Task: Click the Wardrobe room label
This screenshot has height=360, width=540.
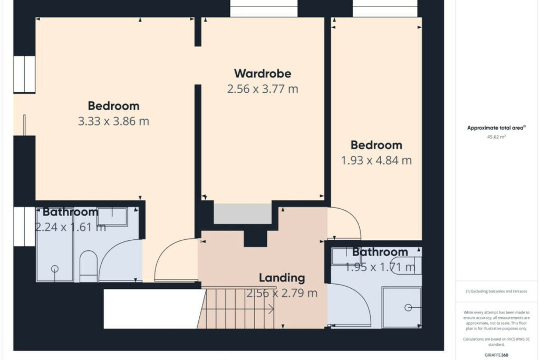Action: [263, 74]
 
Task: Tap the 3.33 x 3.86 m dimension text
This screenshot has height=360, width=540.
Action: [113, 121]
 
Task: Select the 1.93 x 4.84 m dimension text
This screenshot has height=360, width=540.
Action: [376, 160]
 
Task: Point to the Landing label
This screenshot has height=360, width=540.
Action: [282, 278]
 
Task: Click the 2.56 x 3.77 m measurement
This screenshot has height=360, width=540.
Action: [263, 89]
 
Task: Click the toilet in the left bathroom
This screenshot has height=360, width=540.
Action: [89, 266]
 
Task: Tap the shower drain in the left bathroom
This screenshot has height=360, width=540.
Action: [55, 268]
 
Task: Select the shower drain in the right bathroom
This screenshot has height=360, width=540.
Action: [408, 308]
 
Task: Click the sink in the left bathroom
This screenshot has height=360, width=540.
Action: [112, 217]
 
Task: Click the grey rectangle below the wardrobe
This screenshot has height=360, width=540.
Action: [243, 213]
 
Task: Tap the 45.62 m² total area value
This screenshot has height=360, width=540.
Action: [496, 137]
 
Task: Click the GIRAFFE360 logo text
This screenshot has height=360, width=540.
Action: [496, 355]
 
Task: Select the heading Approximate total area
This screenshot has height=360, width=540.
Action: [496, 128]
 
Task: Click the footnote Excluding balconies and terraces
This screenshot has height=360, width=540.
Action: [496, 291]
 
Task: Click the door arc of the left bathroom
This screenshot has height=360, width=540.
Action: [110, 252]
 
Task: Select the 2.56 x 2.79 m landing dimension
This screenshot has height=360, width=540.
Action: [282, 293]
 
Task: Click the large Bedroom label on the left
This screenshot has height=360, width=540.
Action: [113, 106]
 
